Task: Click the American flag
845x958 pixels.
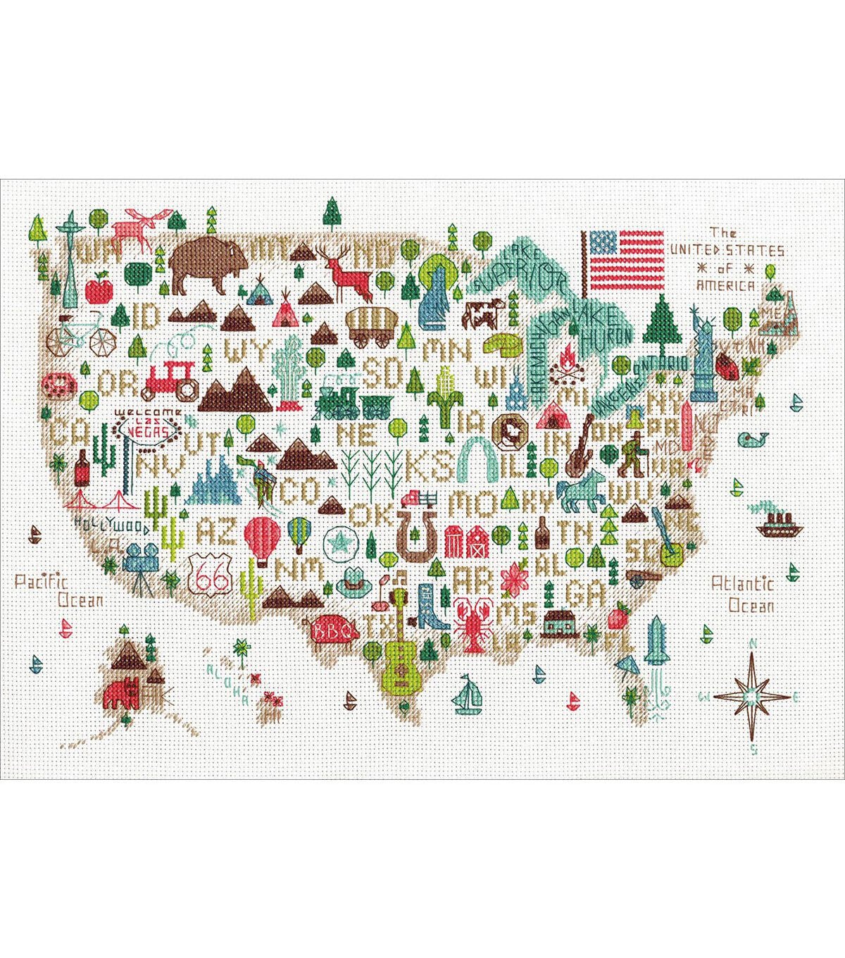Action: pyautogui.click(x=622, y=261)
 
